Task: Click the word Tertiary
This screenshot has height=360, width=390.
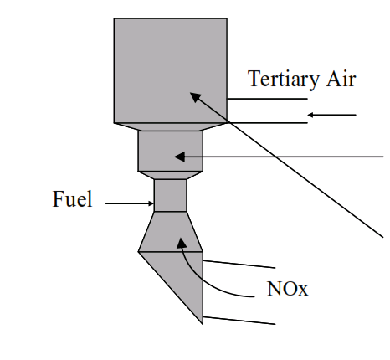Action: [x=283, y=80]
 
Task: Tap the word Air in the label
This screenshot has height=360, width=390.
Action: [x=341, y=78]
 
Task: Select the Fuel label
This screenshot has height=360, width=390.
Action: [x=72, y=198]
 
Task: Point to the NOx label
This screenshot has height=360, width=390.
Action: [x=288, y=288]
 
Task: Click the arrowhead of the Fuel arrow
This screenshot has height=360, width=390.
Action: [x=151, y=203]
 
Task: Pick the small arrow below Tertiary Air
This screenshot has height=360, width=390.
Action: [x=331, y=115]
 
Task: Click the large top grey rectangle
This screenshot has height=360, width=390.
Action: [x=171, y=71]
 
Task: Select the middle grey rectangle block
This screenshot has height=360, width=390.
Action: [x=171, y=151]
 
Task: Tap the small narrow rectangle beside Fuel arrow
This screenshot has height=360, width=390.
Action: [x=171, y=195]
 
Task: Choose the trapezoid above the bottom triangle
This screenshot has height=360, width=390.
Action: [x=171, y=232]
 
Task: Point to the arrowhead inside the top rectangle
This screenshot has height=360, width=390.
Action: [x=195, y=97]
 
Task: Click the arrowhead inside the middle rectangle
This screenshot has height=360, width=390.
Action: [x=179, y=157]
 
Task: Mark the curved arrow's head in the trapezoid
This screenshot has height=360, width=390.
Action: [x=182, y=243]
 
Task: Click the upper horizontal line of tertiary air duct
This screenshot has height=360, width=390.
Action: [x=267, y=99]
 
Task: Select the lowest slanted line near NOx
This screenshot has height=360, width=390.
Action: [x=239, y=321]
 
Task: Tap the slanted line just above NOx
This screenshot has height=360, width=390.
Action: [x=239, y=265]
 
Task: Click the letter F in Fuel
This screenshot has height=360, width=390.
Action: [x=58, y=198]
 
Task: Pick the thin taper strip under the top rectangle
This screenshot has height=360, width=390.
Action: [x=171, y=126]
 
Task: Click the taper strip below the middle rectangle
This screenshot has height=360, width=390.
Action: [x=171, y=175]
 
